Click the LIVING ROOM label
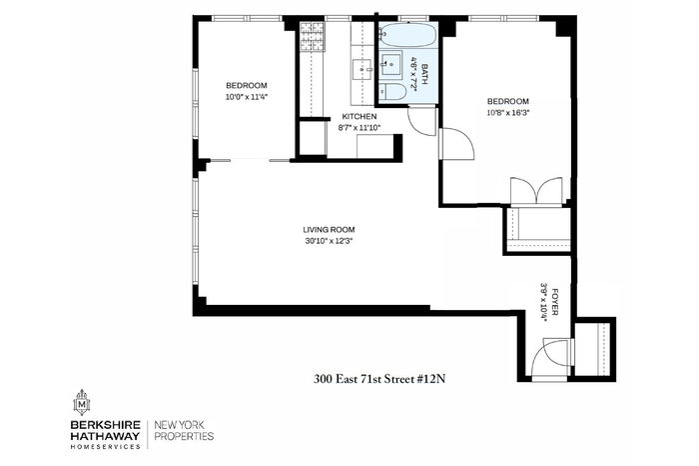329,230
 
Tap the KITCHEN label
359,116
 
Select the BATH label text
424,75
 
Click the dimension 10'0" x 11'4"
247,96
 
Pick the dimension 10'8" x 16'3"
508,112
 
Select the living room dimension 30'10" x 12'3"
329,241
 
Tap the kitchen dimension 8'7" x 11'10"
359,127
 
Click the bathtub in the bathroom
406,35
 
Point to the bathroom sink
390,65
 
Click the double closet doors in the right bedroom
537,191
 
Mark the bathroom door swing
421,121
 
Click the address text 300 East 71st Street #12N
379,379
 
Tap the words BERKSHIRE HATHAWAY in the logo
105,430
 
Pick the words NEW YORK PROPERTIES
184,430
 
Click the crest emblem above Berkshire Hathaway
82,402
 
